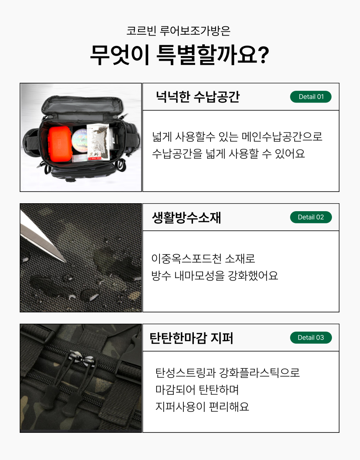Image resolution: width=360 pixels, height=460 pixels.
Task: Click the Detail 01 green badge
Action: [x=311, y=97]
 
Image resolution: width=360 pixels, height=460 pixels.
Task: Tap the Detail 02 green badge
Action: [x=311, y=217]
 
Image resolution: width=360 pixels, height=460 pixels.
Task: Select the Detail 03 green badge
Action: [x=311, y=337]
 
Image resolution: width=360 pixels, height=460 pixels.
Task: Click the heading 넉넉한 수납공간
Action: [x=198, y=97]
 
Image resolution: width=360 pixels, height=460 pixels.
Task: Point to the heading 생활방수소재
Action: [x=186, y=217]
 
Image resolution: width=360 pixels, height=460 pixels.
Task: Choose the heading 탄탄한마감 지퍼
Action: [x=191, y=338]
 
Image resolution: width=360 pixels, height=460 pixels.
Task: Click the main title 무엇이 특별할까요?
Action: [x=180, y=55]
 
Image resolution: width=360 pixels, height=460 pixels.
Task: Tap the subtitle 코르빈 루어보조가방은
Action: [x=178, y=31]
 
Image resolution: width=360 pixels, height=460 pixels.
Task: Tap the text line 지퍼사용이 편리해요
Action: [x=202, y=406]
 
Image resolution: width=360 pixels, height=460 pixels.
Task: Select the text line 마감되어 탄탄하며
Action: [x=197, y=390]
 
